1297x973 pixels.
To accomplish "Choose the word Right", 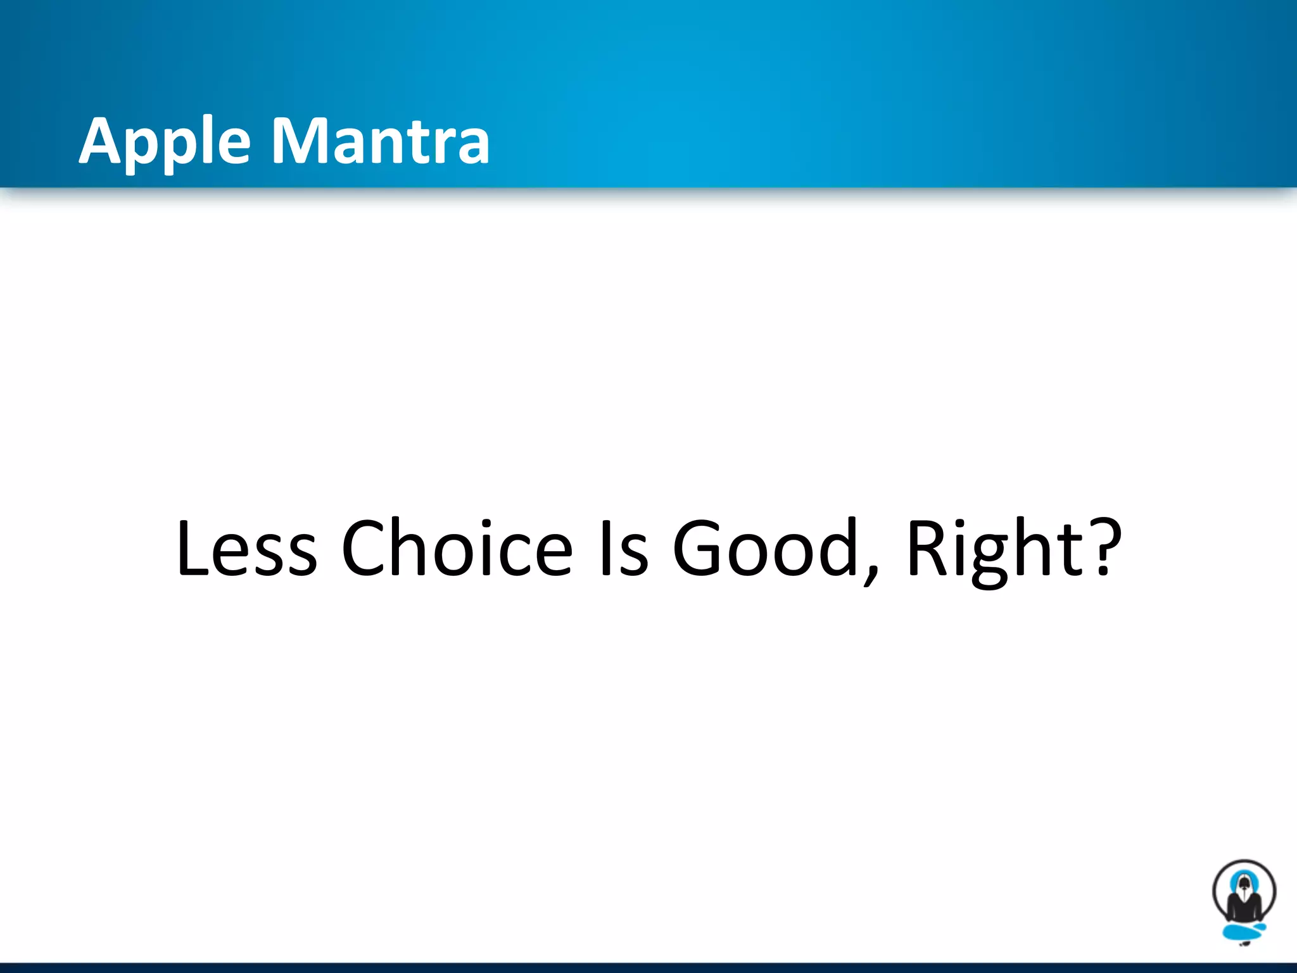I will (x=994, y=549).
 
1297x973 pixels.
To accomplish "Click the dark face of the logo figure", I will (x=1244, y=883).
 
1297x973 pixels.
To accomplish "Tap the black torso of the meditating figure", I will (x=1244, y=910).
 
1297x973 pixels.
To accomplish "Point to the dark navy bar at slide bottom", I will (x=648, y=968).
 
